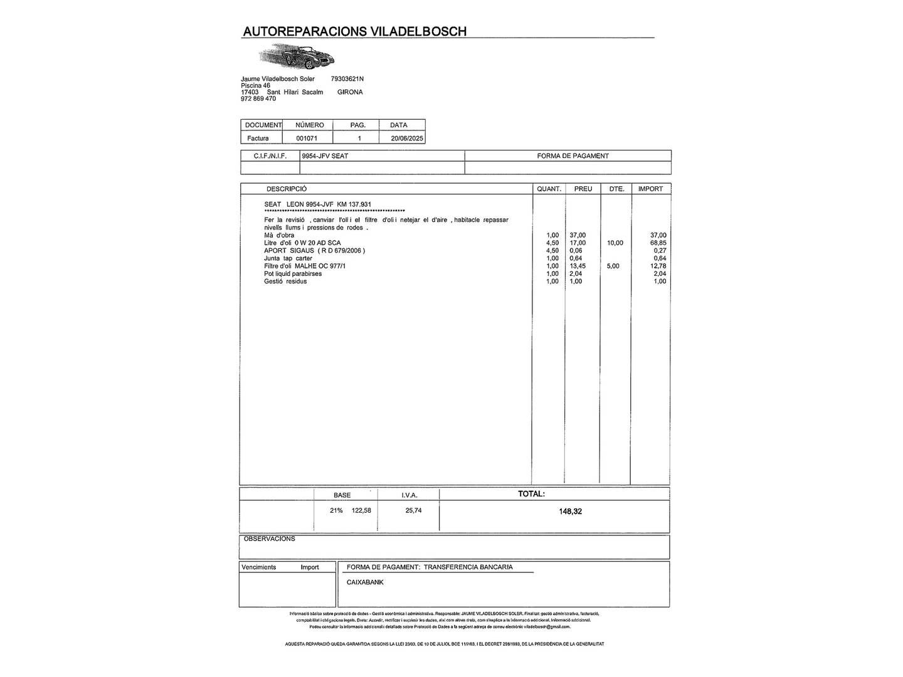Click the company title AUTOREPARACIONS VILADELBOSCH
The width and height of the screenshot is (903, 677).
pos(354,31)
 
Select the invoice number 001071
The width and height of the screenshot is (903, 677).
pos(307,139)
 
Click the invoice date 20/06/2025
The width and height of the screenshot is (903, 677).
pos(407,139)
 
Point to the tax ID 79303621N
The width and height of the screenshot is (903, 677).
pos(347,79)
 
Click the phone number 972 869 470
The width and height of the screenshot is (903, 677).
pos(258,98)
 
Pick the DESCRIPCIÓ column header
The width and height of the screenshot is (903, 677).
pos(286,189)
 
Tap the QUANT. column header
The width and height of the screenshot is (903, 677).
pos(549,189)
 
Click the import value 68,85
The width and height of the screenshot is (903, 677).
pos(658,243)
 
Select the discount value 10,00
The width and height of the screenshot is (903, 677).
pos(615,243)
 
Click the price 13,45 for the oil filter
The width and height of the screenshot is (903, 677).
pos(578,266)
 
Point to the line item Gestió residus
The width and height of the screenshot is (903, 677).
pos(285,281)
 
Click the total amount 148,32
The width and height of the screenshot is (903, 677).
pos(570,512)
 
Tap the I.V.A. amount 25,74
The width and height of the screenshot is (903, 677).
pos(413,511)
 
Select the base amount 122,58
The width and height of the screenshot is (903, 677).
pos(361,511)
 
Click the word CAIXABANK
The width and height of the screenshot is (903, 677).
pos(365,582)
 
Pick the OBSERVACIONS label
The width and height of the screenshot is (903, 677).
pos(269,539)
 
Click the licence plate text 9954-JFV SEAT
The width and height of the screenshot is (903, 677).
pos(325,156)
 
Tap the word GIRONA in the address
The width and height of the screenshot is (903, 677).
pos(350,92)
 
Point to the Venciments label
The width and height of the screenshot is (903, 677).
pos(258,567)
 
